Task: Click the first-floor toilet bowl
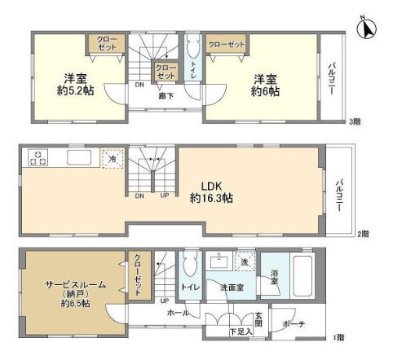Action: [x=190, y=266]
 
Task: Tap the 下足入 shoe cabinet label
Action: [x=239, y=331]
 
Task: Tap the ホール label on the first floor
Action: [x=179, y=313]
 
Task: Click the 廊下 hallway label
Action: [x=166, y=94]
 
